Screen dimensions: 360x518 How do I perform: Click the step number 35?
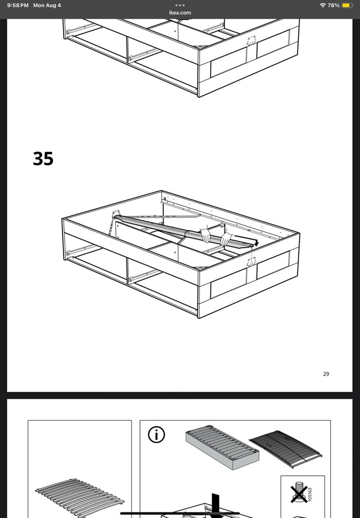[x=43, y=159]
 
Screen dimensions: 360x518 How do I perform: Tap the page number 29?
[x=326, y=373]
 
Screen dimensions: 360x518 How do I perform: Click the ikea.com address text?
[x=180, y=12]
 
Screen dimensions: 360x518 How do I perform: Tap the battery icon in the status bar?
[x=347, y=5]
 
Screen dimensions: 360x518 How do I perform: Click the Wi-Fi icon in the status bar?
[x=323, y=5]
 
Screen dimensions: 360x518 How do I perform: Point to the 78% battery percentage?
[x=334, y=5]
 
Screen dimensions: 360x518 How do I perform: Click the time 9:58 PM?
[x=18, y=5]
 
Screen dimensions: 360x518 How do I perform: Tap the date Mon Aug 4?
[x=47, y=5]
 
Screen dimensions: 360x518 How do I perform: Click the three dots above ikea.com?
[x=180, y=5]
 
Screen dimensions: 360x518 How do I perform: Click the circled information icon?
[x=156, y=435]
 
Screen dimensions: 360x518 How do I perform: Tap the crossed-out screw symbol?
[x=299, y=493]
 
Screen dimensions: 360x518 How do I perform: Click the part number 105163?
[x=310, y=494]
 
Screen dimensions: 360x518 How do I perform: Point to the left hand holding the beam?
[x=206, y=235]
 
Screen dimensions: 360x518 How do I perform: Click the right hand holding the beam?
[x=226, y=238]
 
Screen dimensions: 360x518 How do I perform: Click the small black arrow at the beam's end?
[x=256, y=244]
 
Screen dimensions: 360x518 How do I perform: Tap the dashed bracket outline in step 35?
[x=251, y=260]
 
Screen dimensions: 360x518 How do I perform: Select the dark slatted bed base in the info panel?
[x=286, y=449]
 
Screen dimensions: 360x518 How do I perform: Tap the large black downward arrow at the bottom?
[x=215, y=506]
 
